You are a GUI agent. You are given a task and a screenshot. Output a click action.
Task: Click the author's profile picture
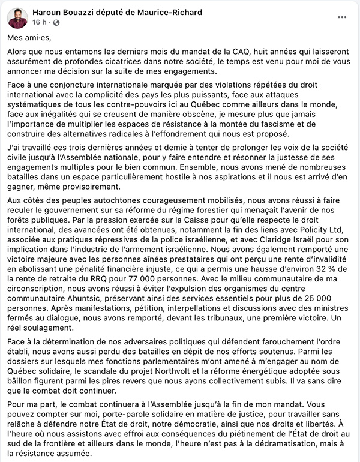tap(17, 17)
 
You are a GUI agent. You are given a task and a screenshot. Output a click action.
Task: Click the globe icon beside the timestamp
tap(56, 22)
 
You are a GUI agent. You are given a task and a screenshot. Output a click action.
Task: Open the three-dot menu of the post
tap(342, 17)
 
